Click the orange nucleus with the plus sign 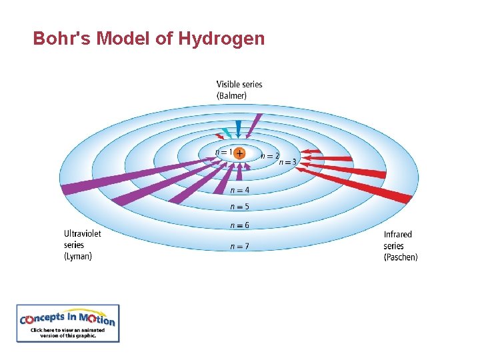[239, 153]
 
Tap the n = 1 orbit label [224, 152]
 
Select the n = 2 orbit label [270, 155]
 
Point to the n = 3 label [288, 162]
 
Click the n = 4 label [240, 190]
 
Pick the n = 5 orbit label [240, 207]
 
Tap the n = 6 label [240, 225]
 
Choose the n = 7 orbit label [240, 246]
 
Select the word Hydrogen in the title [221, 39]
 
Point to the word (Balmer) [231, 95]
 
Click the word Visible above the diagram [229, 85]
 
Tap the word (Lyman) [78, 256]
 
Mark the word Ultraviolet [83, 233]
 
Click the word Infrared [398, 234]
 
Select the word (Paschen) [401, 257]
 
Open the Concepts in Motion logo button [68, 323]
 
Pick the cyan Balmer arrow [227, 132]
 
